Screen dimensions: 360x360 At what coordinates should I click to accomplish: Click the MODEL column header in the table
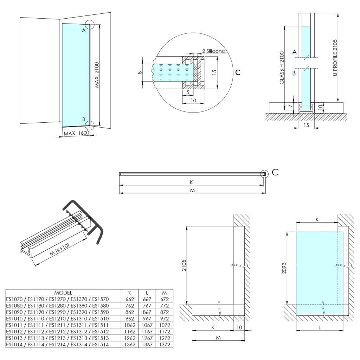[63, 292]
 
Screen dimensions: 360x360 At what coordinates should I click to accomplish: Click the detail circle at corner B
[90, 125]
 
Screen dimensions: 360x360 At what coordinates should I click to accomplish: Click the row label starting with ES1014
[58, 344]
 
